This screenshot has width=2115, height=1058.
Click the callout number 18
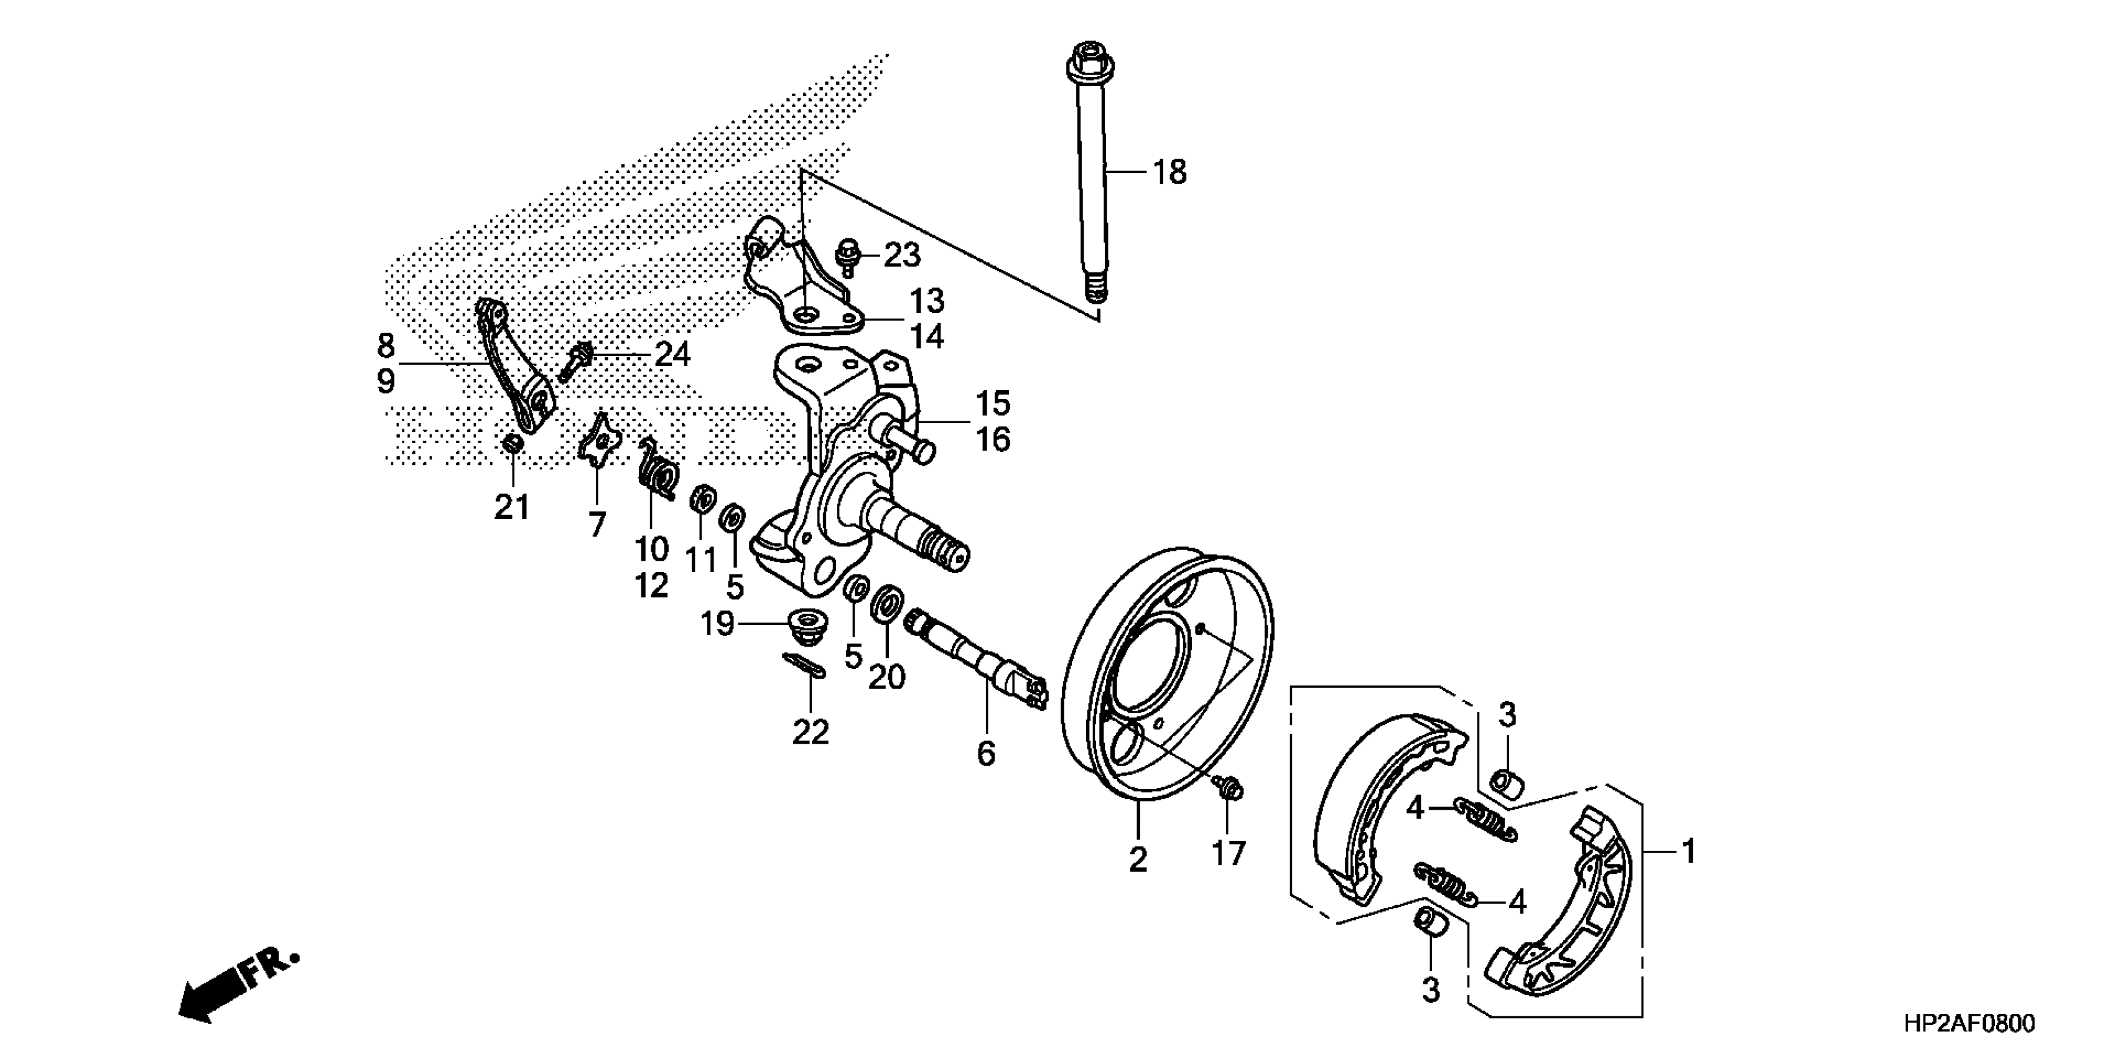point(1169,172)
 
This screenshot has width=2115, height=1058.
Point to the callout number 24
point(672,355)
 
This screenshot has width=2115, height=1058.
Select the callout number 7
point(597,524)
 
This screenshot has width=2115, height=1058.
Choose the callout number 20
point(886,676)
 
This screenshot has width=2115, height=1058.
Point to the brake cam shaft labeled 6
point(977,657)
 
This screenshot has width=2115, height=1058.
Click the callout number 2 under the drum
point(1137,860)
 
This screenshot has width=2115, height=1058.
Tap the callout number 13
point(927,301)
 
